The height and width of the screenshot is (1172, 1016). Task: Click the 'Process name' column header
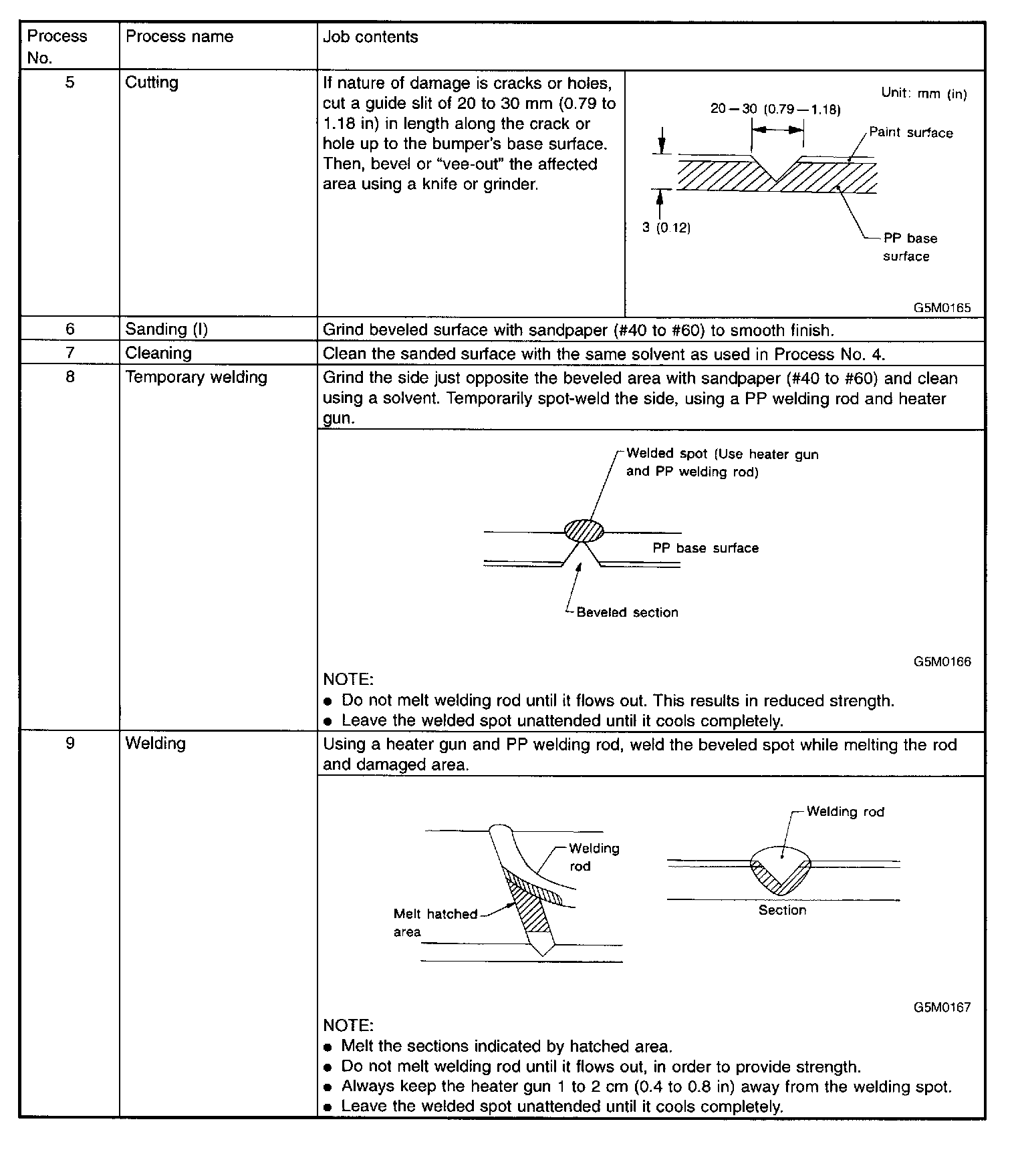[179, 37]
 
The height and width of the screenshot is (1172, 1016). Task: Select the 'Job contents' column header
[370, 37]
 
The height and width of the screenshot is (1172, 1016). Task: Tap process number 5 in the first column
[70, 83]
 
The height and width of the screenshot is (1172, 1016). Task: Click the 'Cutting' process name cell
[152, 83]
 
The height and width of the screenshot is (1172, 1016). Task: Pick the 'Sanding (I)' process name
[166, 329]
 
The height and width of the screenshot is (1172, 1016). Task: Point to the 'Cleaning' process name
[158, 353]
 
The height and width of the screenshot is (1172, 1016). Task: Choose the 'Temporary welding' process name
[196, 378]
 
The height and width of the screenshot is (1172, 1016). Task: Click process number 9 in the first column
[70, 744]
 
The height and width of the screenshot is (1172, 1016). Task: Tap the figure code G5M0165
[942, 308]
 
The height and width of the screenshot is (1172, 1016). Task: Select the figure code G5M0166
[942, 662]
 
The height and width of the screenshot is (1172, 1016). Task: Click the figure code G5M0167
[942, 1007]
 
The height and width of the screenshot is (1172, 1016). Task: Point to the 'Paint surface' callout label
[910, 133]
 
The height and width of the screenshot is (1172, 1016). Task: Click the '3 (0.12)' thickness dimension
[666, 228]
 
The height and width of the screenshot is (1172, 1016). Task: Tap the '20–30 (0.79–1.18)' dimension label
[775, 110]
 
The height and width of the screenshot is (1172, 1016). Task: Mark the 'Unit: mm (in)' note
[924, 94]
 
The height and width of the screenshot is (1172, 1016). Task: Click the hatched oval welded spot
[584, 531]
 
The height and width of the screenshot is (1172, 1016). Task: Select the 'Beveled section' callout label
[627, 613]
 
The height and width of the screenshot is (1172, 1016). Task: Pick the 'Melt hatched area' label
[435, 923]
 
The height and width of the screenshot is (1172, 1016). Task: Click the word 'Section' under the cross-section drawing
[782, 911]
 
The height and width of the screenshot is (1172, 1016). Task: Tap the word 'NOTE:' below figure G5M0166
[348, 680]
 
